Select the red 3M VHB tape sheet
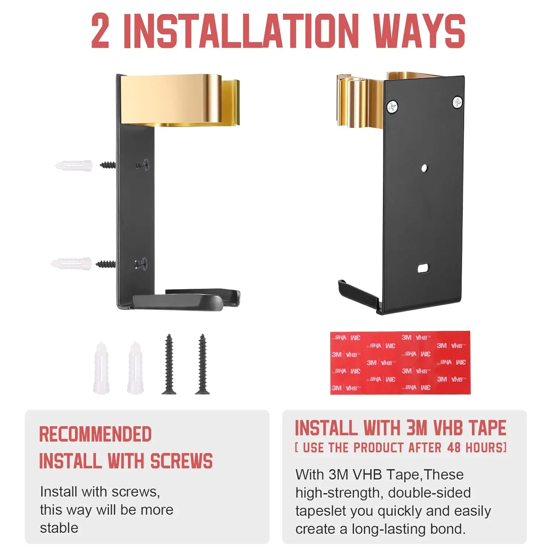[400, 362]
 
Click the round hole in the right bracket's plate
[425, 168]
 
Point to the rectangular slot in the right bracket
[423, 268]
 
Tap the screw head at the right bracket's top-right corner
[457, 102]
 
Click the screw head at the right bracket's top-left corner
[392, 107]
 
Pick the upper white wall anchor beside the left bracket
[74, 165]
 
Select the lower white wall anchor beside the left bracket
[71, 264]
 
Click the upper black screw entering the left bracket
[108, 165]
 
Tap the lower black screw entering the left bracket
[106, 264]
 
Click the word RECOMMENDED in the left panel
[95, 434]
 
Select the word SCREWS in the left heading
[182, 461]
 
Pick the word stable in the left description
[59, 528]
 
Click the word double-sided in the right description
[429, 493]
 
